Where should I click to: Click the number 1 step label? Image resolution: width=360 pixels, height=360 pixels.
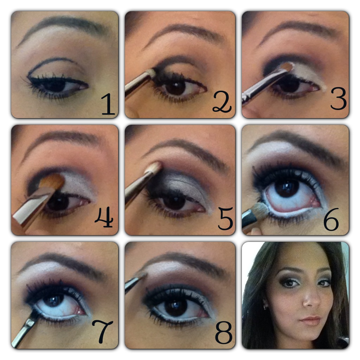tap(108, 104)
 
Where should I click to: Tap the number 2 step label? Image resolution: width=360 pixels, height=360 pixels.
tap(222, 102)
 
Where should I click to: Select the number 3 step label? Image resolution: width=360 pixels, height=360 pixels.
tap(339, 99)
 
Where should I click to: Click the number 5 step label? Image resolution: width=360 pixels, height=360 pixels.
tap(225, 218)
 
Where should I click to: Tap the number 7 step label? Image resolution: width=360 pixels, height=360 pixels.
tap(102, 331)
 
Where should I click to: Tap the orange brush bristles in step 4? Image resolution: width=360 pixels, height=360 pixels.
tap(52, 181)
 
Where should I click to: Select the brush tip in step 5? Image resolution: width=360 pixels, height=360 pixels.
tap(155, 167)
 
